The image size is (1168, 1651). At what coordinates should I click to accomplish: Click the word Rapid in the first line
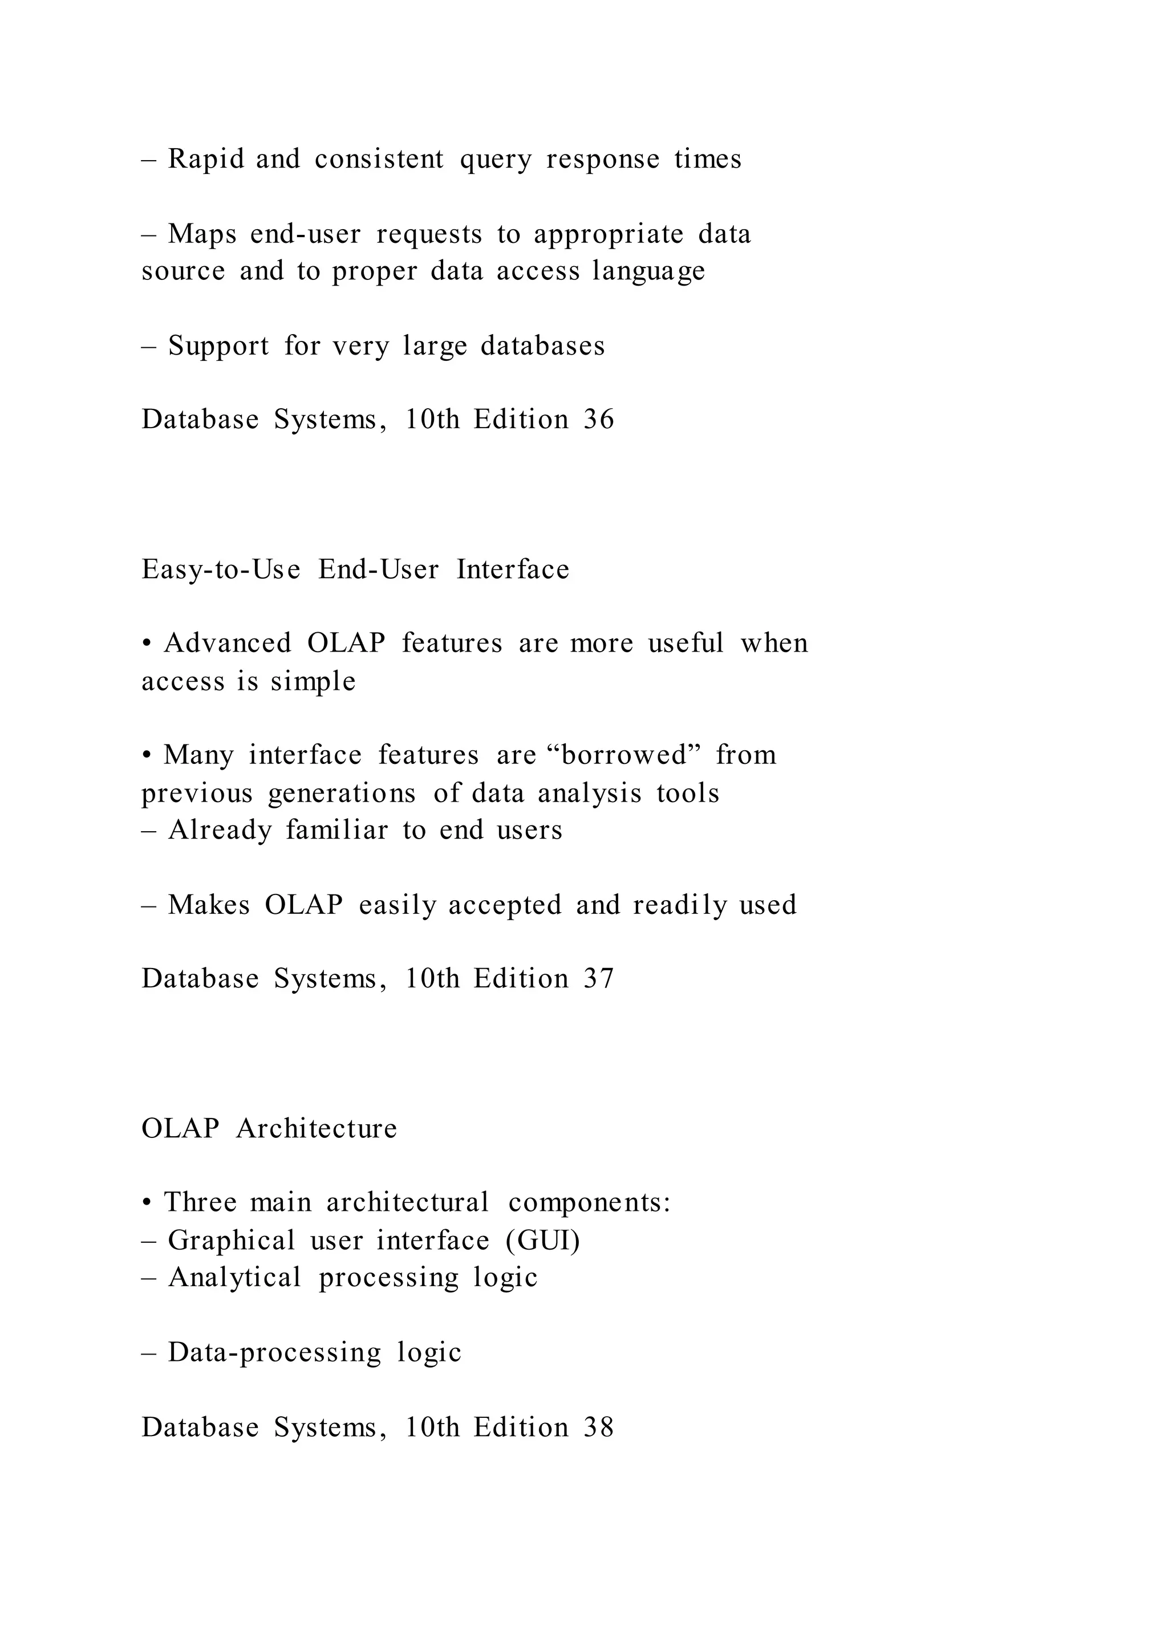[206, 159]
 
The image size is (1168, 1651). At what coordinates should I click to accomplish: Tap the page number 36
[598, 419]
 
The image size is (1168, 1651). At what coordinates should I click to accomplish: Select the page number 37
[598, 979]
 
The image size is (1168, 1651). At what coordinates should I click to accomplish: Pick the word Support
[218, 347]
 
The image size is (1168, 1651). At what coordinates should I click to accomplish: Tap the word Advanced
[228, 643]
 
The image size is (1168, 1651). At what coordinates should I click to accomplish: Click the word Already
[220, 831]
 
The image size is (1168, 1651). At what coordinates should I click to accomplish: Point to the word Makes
[209, 905]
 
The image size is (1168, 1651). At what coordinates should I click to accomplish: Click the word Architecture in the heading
[317, 1128]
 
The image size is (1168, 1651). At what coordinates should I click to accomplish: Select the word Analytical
[234, 1278]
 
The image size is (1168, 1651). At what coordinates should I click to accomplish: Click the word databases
[542, 346]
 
